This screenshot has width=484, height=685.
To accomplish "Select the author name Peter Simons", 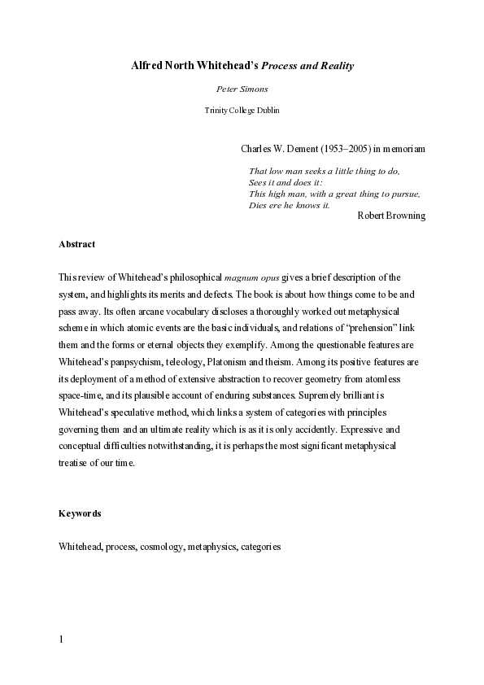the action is (x=242, y=89).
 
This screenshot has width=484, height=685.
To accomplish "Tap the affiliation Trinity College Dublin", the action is (x=242, y=110).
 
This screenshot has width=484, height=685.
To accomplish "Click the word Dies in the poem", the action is (x=257, y=204).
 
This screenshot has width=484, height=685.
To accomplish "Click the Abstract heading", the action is (x=77, y=243).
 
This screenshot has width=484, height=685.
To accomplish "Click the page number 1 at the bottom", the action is (x=61, y=639).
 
